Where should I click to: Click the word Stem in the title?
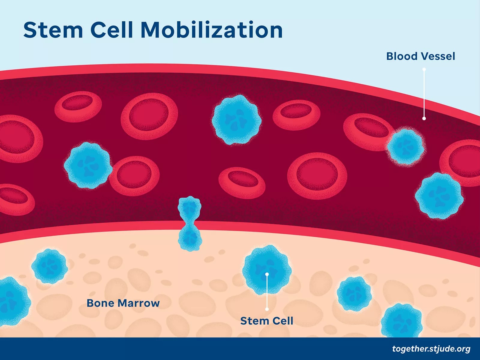pos(53,30)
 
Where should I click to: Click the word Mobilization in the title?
pos(211,30)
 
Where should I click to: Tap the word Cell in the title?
pos(112,30)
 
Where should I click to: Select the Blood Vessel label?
pos(420,56)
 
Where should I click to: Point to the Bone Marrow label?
pos(123,303)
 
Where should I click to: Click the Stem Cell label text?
pos(266,321)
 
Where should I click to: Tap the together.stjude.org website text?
pos(431,349)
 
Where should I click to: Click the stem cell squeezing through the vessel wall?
pos(190,223)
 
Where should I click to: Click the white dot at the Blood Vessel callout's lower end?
pos(424,118)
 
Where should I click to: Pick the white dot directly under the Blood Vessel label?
pos(424,70)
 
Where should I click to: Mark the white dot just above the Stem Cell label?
pos(267,309)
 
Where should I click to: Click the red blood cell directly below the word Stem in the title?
pos(78,106)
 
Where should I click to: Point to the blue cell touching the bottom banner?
pos(401,321)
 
